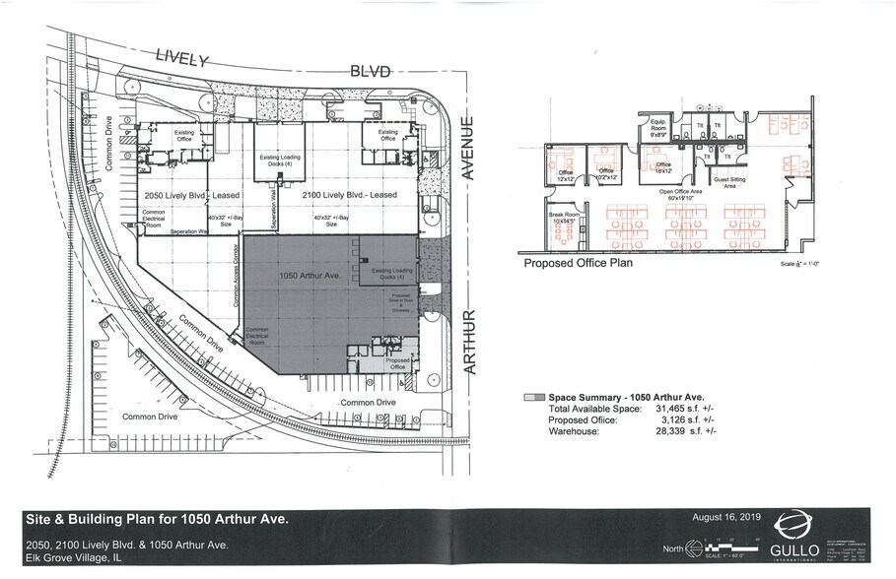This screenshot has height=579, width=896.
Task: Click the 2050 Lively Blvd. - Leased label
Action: tap(185, 196)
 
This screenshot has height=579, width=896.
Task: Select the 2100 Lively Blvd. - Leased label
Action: tap(350, 196)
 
